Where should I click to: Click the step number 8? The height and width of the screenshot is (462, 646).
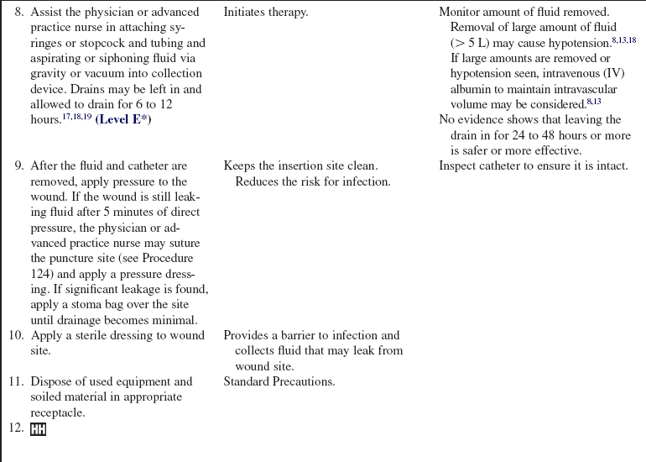pyautogui.click(x=18, y=13)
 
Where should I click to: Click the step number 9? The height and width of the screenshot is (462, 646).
pyautogui.click(x=18, y=166)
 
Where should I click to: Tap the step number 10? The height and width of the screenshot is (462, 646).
pyautogui.click(x=17, y=336)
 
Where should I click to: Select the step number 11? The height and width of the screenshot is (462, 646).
pyautogui.click(x=17, y=382)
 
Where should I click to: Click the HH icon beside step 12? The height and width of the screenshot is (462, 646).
pyautogui.click(x=38, y=429)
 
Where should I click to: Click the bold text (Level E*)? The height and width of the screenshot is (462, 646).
pyautogui.click(x=123, y=119)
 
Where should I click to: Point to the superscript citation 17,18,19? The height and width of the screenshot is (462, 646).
pyautogui.click(x=76, y=117)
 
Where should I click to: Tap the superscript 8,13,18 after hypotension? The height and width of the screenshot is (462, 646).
pyautogui.click(x=623, y=39)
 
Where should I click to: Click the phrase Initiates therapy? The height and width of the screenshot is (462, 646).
pyautogui.click(x=266, y=13)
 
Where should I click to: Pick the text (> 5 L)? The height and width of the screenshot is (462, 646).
pyautogui.click(x=470, y=43)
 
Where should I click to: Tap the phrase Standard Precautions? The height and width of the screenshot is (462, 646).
pyautogui.click(x=279, y=382)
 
